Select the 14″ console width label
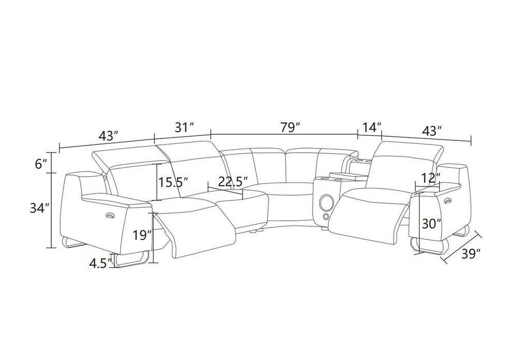click(371, 127)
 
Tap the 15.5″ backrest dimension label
click(173, 182)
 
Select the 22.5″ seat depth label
click(233, 182)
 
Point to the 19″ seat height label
click(142, 235)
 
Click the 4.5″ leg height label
click(100, 264)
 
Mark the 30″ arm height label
click(432, 224)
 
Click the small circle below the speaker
click(326, 217)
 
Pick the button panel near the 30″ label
click(448, 201)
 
